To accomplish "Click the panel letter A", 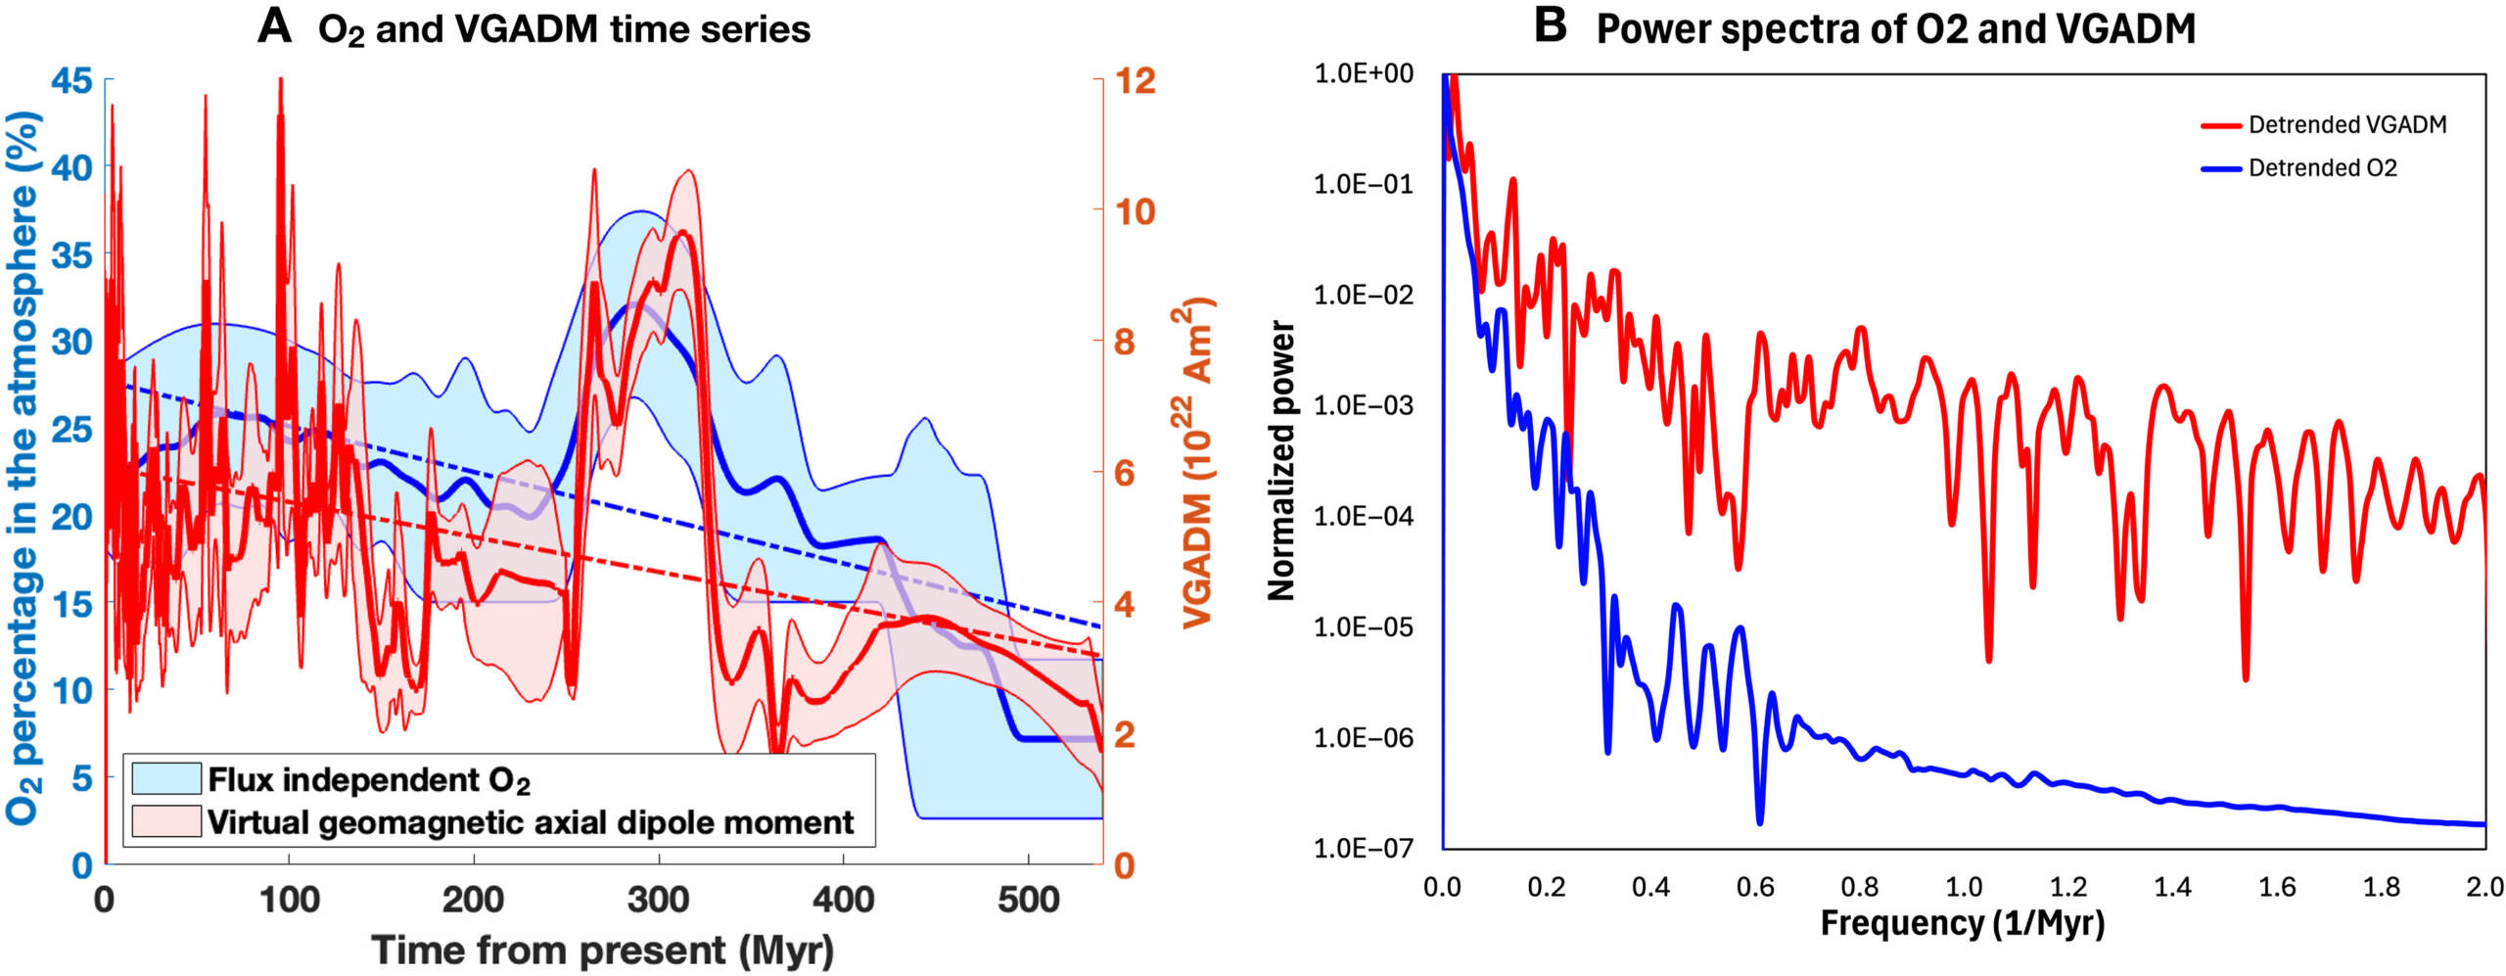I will [x=274, y=26].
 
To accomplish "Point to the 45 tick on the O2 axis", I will [x=71, y=80].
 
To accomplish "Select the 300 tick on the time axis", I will [x=658, y=900].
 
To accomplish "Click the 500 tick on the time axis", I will [x=1028, y=900].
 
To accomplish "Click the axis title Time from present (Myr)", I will [x=603, y=950].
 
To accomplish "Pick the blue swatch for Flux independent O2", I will [x=166, y=779].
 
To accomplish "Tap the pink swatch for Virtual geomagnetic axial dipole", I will [x=166, y=821].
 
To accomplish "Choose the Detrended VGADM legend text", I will [x=2346, y=125].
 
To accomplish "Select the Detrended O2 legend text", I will [x=2322, y=168].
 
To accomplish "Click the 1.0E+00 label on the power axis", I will [x=1364, y=73].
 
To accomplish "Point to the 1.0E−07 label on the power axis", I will [x=1364, y=848].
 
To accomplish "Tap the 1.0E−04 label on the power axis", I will [x=1364, y=516].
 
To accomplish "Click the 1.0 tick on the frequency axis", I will [x=1964, y=887].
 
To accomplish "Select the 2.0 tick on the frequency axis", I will [x=2484, y=887].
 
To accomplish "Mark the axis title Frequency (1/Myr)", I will [x=1963, y=923].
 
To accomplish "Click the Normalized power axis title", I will [x=1281, y=460].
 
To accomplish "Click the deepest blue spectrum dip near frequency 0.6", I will [x=1759, y=821].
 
